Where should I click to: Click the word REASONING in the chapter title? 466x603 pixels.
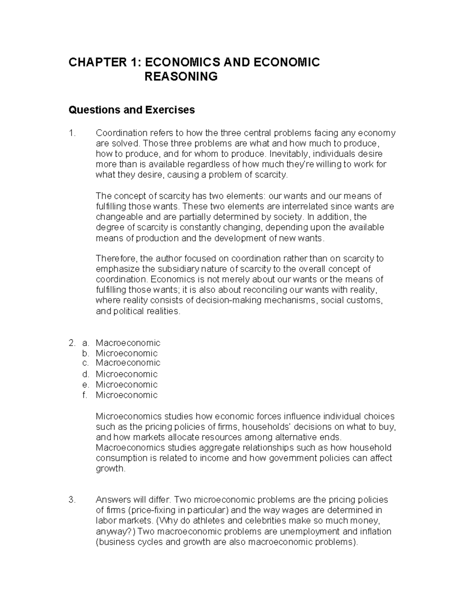(181, 76)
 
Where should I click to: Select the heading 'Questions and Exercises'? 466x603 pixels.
(131, 110)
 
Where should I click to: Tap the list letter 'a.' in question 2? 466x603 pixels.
(85, 343)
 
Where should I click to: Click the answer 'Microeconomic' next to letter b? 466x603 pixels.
(127, 353)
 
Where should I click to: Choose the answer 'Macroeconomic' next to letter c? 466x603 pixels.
(128, 363)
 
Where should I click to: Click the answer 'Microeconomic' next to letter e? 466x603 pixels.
(127, 385)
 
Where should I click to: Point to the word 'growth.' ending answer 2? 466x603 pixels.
(111, 469)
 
